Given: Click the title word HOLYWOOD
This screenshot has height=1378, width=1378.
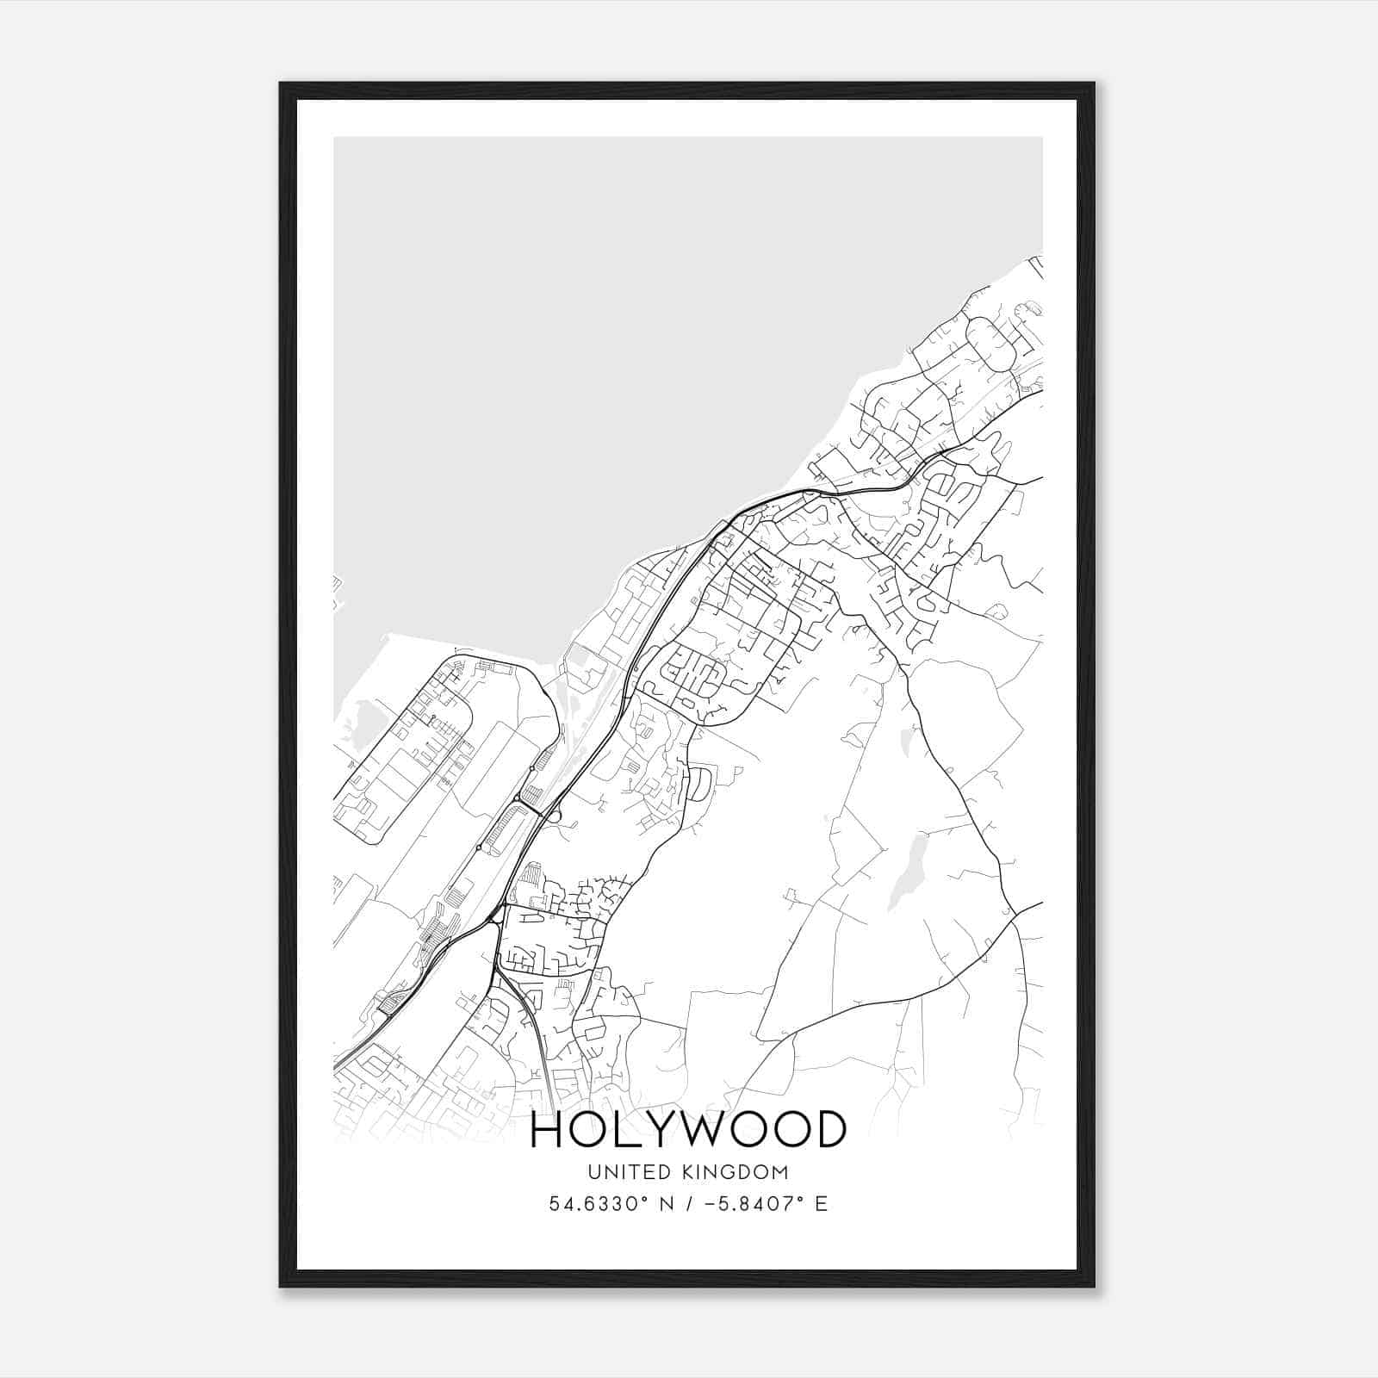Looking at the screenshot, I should pyautogui.click(x=688, y=1129).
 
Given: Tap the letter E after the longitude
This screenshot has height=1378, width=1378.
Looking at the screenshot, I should pyautogui.click(x=821, y=1203).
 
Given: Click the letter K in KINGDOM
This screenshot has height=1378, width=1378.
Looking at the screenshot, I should pyautogui.click(x=687, y=1171).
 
